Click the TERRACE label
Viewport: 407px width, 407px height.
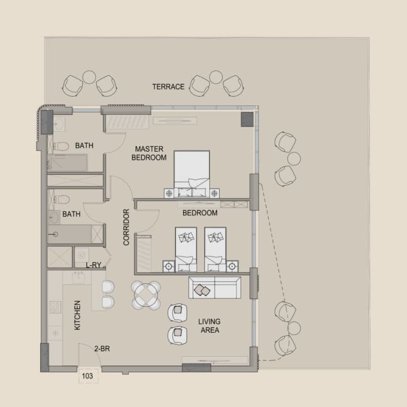[x=168, y=86]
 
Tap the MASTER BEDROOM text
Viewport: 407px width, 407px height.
[x=149, y=153]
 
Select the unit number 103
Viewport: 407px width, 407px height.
[x=87, y=376]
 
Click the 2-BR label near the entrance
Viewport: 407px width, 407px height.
[x=102, y=348]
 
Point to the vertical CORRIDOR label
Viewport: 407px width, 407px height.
[x=126, y=227]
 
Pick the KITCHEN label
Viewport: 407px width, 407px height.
[x=77, y=315]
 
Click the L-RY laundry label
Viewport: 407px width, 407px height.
[x=94, y=265]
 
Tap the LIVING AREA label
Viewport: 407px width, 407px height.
[x=210, y=326]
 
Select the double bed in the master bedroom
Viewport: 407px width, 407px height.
[x=192, y=174]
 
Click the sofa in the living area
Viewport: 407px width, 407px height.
[x=215, y=287]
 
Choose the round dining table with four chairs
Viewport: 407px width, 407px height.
[x=146, y=296]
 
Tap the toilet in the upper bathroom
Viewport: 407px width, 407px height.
[x=61, y=147]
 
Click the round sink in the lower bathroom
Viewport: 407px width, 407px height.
[x=54, y=218]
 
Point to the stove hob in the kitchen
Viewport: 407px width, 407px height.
[x=55, y=307]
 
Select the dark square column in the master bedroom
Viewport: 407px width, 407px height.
[x=247, y=120]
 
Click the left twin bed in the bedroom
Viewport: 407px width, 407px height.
[x=186, y=250]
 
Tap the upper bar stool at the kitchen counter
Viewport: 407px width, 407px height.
[x=108, y=287]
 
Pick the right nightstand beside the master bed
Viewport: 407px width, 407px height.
[x=214, y=193]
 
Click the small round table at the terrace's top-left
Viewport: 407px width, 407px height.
[x=89, y=77]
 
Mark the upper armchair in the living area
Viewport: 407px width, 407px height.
[x=178, y=312]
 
